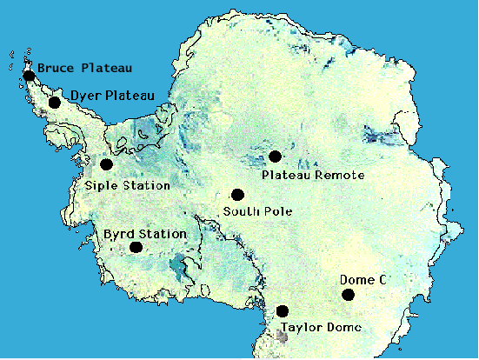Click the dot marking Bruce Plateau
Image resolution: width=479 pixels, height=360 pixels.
[x=30, y=76]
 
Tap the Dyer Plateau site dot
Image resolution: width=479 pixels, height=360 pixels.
[x=55, y=103]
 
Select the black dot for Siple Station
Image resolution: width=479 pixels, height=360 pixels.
[x=106, y=164]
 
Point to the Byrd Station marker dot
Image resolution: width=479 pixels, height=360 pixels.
[x=136, y=247]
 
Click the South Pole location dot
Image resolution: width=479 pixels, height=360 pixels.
[x=237, y=195]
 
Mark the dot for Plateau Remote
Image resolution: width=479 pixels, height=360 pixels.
[x=275, y=157]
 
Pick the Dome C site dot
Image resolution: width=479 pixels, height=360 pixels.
[x=348, y=295]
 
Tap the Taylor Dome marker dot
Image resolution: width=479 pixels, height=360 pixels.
[x=282, y=311]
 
